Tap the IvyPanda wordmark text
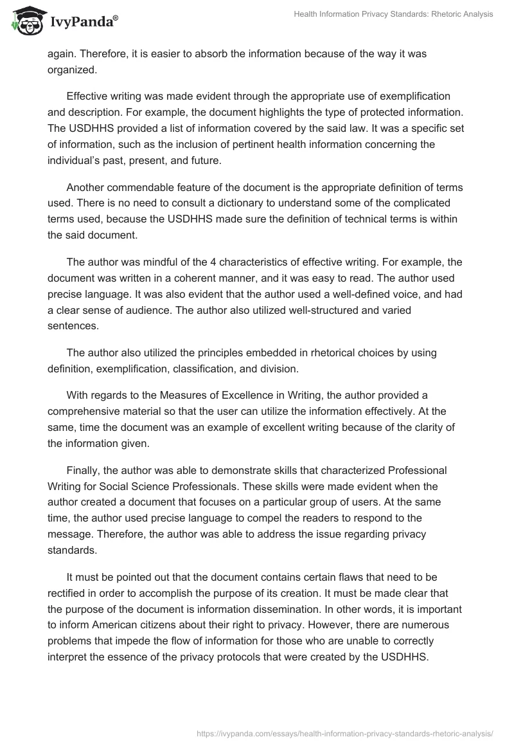(x=84, y=22)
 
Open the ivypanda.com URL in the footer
(x=340, y=733)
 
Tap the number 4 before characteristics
(x=213, y=262)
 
